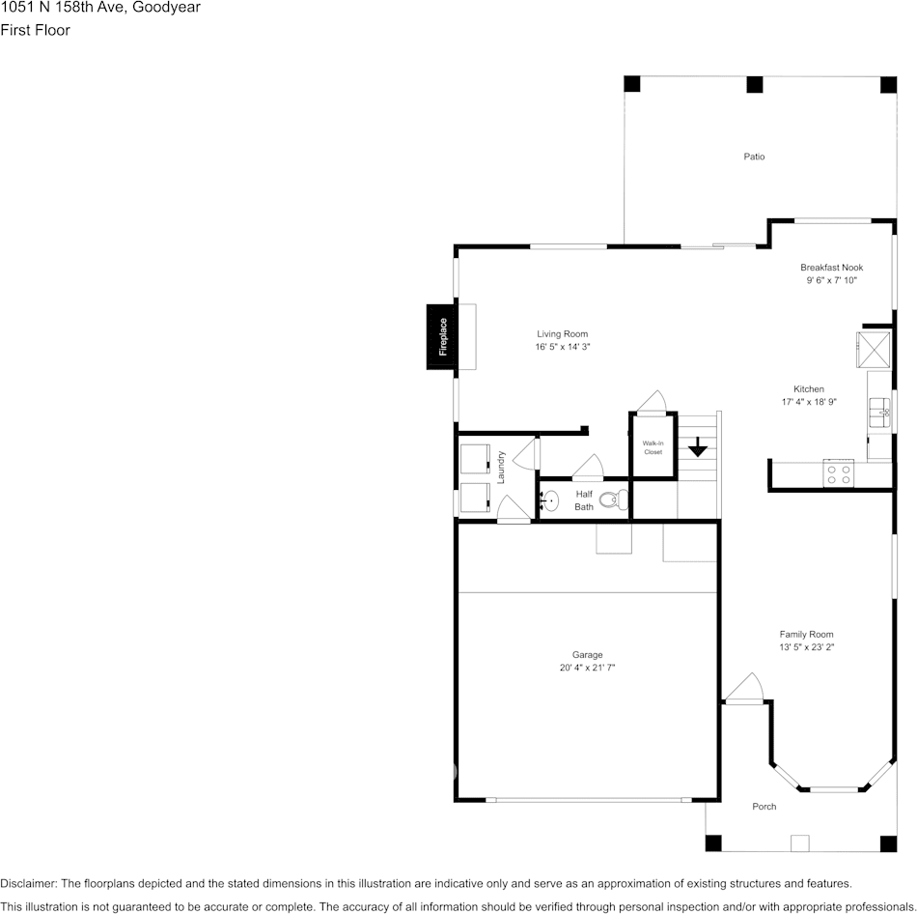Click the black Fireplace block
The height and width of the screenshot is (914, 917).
coord(441,336)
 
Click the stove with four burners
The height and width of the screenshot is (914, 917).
coord(838,473)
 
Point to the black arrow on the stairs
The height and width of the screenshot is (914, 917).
coord(697,446)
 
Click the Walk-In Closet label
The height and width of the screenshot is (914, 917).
coord(653,447)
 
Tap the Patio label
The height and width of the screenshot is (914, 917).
coord(754,157)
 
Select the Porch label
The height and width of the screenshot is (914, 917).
coord(764,807)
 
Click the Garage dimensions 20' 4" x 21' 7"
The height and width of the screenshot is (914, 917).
coord(587,668)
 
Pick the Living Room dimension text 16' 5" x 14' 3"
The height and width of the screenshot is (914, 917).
coord(562,347)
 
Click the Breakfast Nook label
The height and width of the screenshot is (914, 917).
coord(831,268)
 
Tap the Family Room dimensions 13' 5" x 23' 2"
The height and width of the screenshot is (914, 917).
coord(806,647)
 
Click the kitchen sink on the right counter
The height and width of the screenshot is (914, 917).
coord(880,412)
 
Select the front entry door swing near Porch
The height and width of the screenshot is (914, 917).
coord(743,690)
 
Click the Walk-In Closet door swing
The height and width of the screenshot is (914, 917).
coord(653,402)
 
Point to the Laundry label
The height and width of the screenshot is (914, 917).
coord(501,467)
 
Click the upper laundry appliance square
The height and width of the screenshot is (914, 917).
coord(475,459)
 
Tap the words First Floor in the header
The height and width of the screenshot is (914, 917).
coord(35,30)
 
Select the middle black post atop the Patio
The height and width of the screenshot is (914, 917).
coord(754,84)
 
